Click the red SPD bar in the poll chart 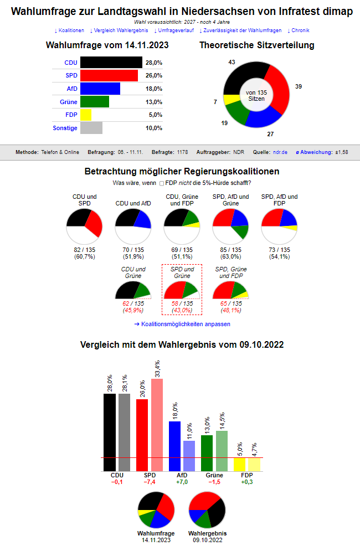tap(109, 75)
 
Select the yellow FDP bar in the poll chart tap(86, 115)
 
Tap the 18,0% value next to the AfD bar tap(154, 89)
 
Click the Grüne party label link tap(69, 102)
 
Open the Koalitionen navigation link tap(69, 30)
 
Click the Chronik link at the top tap(299, 30)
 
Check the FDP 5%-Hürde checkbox tap(162, 183)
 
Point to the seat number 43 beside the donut tap(232, 61)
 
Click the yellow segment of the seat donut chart tap(229, 100)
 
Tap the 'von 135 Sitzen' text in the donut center tap(256, 95)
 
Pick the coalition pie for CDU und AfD tap(133, 225)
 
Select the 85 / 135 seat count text tap(230, 250)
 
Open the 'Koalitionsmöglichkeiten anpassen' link tap(182, 324)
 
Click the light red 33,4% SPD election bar tap(157, 424)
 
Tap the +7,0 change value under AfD tap(182, 482)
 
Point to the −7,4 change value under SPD tap(150, 482)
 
